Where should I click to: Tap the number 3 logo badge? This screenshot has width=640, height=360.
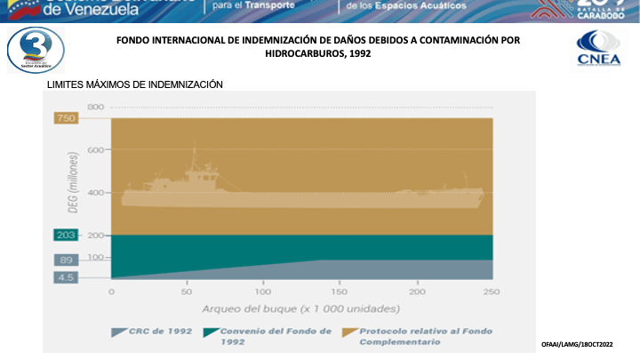coord(35,50)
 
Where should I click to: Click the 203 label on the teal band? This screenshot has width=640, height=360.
coord(65,236)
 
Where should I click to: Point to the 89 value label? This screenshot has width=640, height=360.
coord(65,260)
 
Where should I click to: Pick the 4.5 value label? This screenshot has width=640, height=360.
coord(65,277)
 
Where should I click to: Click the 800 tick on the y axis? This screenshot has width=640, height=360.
coord(96,108)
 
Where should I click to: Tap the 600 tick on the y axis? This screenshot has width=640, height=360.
coord(96,150)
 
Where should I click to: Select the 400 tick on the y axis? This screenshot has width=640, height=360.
coord(96,193)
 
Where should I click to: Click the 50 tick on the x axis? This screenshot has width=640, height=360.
coord(187,292)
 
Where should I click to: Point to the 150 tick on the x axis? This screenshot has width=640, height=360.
coord(339,292)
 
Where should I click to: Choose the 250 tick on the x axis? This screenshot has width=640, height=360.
coord(491,292)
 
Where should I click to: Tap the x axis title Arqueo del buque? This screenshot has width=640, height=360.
coord(300,309)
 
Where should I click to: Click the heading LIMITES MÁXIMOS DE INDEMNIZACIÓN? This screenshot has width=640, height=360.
coord(140,84)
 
